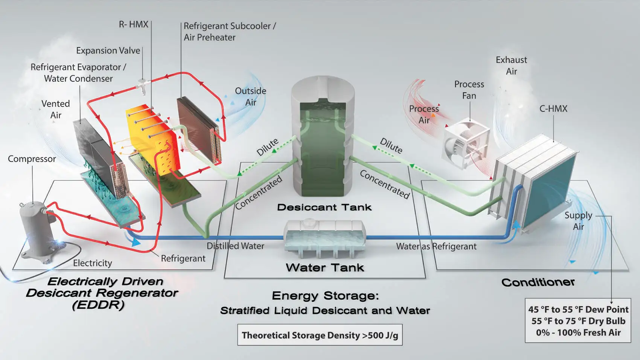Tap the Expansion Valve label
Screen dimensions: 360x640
coord(108,50)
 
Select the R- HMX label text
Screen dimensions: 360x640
coord(134,24)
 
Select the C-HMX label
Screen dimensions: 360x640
coord(553,109)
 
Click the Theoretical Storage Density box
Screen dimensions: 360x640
coord(320,335)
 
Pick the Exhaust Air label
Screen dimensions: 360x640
coord(511,66)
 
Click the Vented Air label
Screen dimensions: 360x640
coord(56,109)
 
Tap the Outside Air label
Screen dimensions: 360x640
coord(250,96)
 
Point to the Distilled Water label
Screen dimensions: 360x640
coord(235,246)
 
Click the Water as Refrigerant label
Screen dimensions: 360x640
coord(436,246)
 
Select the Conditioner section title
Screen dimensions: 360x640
coord(538,282)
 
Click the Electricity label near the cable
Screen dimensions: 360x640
coord(93,263)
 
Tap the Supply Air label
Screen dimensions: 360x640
coord(578,221)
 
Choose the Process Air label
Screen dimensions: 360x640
coord(424,114)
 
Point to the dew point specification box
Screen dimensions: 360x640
coord(578,321)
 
